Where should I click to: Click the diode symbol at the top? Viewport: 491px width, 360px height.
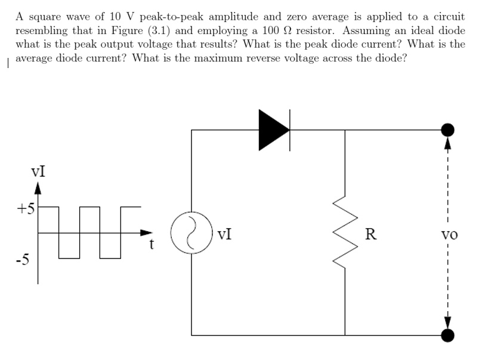[274, 130]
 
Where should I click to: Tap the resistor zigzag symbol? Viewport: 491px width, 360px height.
[345, 233]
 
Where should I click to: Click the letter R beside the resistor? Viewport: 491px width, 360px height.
[370, 233]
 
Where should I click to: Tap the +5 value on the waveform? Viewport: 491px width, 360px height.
[26, 209]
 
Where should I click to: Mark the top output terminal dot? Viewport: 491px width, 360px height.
[447, 130]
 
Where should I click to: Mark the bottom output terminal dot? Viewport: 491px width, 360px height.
[447, 336]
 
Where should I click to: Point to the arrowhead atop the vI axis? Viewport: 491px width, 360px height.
[38, 190]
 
